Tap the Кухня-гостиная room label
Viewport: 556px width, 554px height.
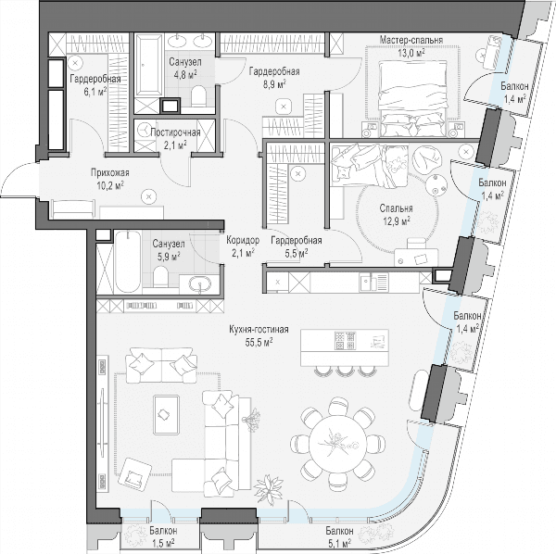pyautogui.click(x=259, y=329)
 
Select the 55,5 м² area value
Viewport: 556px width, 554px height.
pyautogui.click(x=259, y=342)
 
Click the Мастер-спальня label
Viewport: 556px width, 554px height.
pyautogui.click(x=411, y=40)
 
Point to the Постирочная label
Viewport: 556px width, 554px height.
pyautogui.click(x=175, y=132)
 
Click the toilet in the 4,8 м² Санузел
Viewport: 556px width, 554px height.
pyautogui.click(x=198, y=96)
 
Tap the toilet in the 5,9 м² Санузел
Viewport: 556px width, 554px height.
pyautogui.click(x=160, y=276)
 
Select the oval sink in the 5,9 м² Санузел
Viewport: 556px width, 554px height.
pyautogui.click(x=199, y=283)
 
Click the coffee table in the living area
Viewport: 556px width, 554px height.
pyautogui.click(x=166, y=414)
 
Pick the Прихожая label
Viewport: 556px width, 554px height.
pyautogui.click(x=110, y=173)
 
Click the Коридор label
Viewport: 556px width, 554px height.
pyautogui.click(x=243, y=240)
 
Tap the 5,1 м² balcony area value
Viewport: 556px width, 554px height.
pyautogui.click(x=339, y=543)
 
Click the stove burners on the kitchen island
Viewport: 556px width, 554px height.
pyautogui.click(x=345, y=340)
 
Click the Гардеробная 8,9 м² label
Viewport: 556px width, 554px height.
pyautogui.click(x=274, y=71)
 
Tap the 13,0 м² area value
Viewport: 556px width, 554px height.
pyautogui.click(x=411, y=53)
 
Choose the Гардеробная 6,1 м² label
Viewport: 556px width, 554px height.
pyautogui.click(x=95, y=79)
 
